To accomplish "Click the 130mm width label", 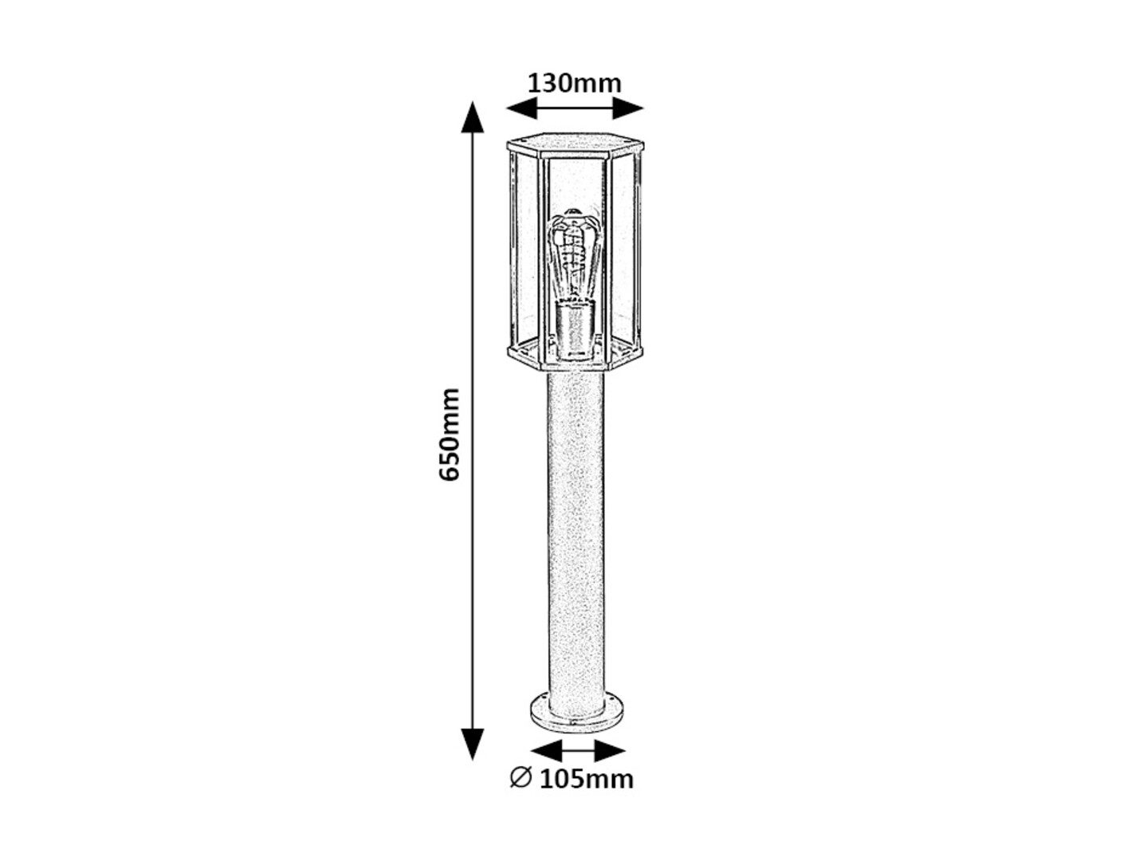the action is coord(574,84).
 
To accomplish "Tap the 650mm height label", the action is coord(450,434).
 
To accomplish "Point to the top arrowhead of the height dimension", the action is coord(473,117).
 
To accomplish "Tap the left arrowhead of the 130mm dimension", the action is coord(522,108).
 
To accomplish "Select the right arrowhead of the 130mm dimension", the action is coord(627,108).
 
